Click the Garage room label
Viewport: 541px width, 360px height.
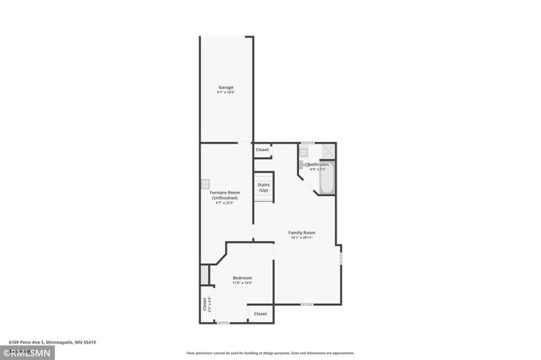tap(226, 87)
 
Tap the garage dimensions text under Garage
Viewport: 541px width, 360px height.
tap(226, 93)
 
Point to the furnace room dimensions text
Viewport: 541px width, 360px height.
tap(225, 203)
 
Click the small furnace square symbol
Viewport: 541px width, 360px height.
tap(205, 183)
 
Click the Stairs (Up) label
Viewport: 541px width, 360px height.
tap(264, 187)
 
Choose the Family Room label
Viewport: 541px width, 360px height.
tap(302, 232)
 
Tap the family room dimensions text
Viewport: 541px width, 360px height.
tap(302, 238)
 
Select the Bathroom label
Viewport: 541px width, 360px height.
tap(318, 164)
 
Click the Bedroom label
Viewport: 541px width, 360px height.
tap(242, 277)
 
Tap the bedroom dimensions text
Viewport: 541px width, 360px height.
tap(242, 283)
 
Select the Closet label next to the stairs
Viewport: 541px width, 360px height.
tap(262, 150)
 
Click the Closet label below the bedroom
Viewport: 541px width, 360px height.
tap(260, 314)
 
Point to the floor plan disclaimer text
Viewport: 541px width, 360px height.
tap(270, 353)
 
